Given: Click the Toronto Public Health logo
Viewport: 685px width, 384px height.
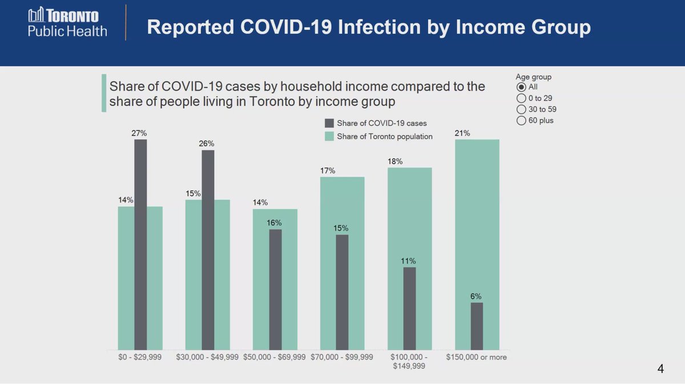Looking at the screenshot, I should [67, 23].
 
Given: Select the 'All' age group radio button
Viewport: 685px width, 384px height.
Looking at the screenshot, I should [521, 87].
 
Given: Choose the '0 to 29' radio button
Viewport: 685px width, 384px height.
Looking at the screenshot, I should [521, 98].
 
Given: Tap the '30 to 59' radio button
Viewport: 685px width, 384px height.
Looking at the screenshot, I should [521, 109].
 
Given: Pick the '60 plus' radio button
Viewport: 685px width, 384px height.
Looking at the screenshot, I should [521, 121].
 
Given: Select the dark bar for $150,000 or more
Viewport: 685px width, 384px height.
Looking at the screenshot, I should [477, 326].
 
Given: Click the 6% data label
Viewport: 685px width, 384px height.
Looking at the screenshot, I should [477, 297].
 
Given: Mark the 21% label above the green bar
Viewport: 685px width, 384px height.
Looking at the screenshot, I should [462, 133].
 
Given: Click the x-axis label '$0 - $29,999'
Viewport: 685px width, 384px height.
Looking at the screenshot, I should [140, 357].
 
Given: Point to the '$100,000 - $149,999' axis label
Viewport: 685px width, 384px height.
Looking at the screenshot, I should [409, 361].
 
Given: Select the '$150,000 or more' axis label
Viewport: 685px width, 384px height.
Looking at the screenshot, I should [477, 357].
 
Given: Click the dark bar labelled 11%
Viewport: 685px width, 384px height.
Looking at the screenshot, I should [409, 309].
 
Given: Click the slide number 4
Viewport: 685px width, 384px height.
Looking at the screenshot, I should [660, 369].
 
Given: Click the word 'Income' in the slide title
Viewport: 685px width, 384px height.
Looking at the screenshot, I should [481, 27].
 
